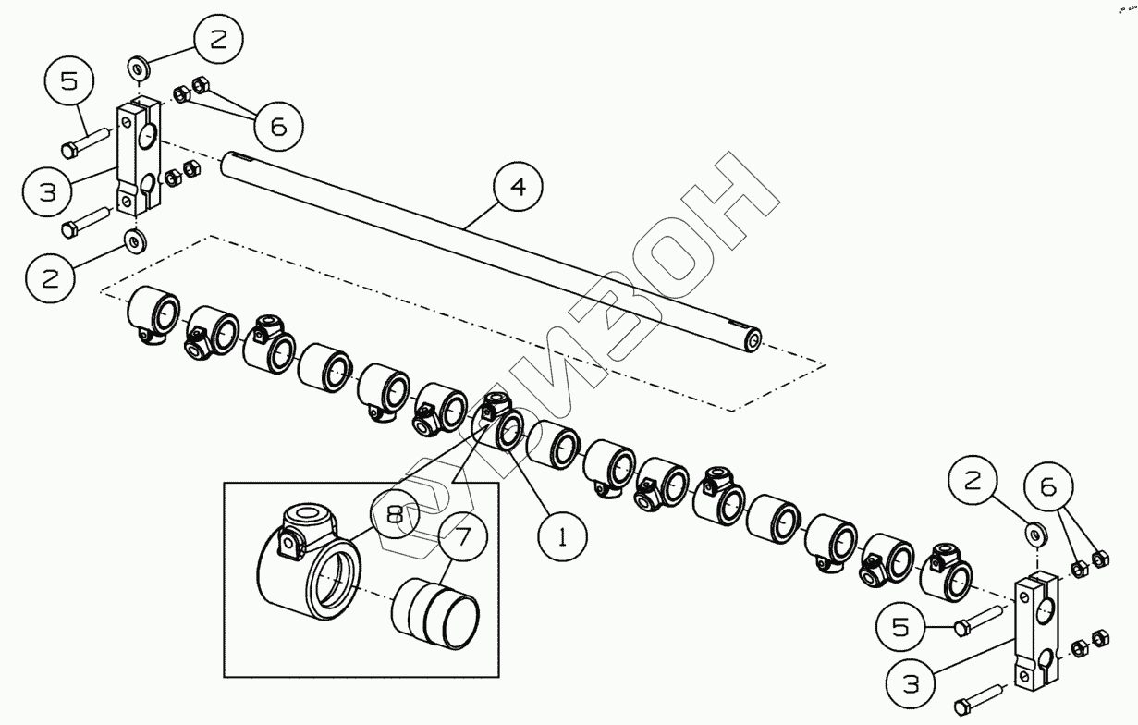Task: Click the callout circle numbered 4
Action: click(x=519, y=188)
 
